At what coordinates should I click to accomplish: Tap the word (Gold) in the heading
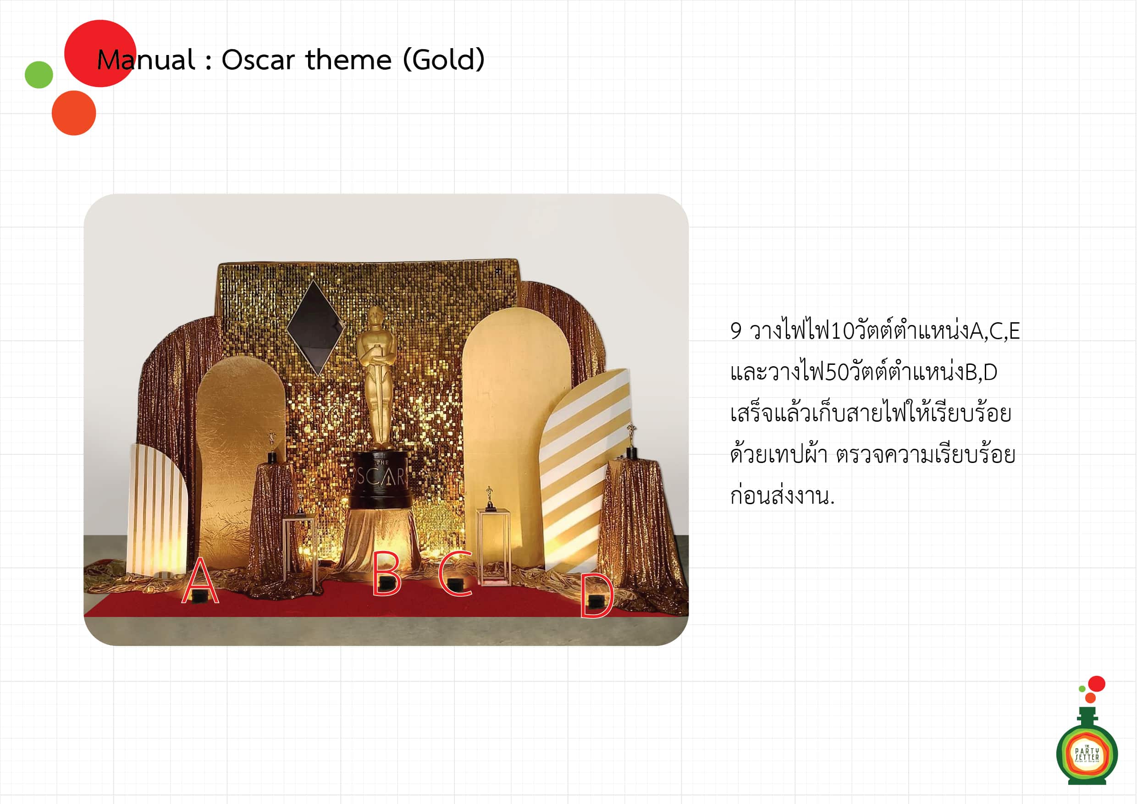pos(444,60)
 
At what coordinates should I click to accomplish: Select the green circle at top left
pos(39,75)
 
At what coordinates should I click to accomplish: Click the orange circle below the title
pos(74,113)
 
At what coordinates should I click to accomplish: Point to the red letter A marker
pos(200,580)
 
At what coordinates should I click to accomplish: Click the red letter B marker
pos(386,573)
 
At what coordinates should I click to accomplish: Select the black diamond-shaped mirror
pos(315,327)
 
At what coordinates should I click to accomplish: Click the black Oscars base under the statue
pos(381,479)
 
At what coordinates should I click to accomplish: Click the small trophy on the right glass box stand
pos(490,498)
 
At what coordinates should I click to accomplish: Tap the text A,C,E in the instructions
pos(995,332)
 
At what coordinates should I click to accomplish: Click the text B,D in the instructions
pos(981,372)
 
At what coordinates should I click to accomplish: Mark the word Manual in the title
pos(146,60)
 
